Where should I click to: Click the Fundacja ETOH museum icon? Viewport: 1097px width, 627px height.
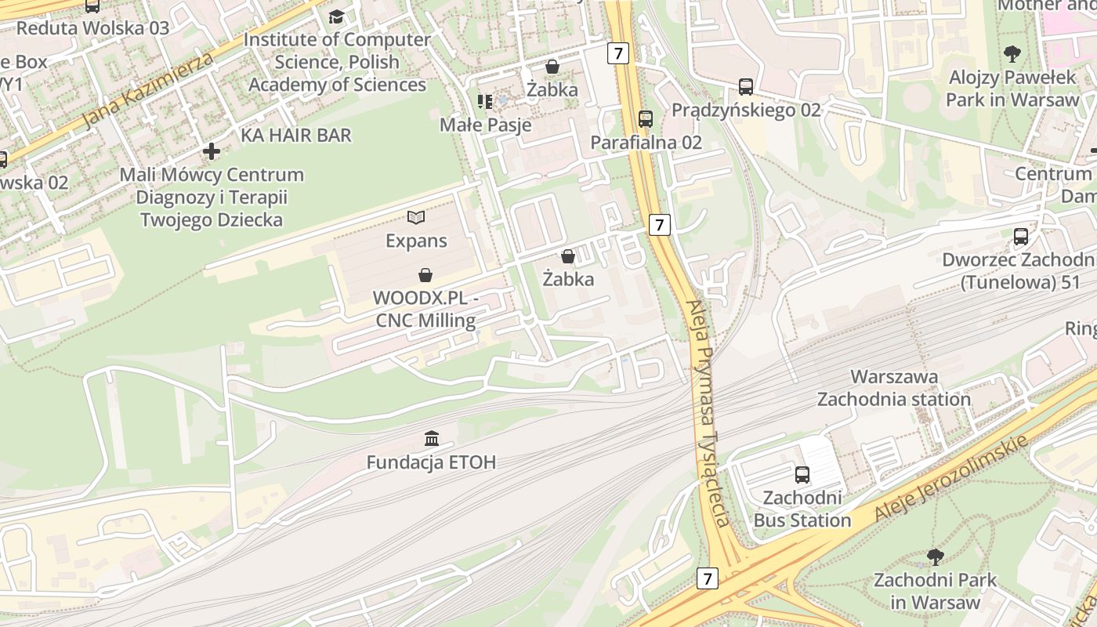point(432,438)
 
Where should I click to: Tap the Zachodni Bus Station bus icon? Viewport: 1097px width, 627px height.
point(802,474)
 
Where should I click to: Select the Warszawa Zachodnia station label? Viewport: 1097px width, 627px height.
point(894,388)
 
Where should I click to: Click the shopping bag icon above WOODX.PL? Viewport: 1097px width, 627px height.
point(425,275)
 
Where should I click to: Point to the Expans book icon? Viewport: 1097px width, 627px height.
point(416,217)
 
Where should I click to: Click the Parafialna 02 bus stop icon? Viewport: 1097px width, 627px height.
point(646,119)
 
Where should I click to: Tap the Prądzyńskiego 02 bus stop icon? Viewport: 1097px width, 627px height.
point(746,87)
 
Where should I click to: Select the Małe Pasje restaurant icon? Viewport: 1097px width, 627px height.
point(485,101)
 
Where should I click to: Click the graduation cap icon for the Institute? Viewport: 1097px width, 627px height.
point(336,16)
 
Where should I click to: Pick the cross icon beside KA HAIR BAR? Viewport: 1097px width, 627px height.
point(212,150)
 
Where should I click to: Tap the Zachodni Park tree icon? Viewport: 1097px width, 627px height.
point(935,557)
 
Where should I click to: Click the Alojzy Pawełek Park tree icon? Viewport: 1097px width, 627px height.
point(1012,54)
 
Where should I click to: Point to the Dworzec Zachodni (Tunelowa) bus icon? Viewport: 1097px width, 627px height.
point(1021,237)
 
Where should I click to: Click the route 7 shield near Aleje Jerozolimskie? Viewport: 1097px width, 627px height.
point(708,579)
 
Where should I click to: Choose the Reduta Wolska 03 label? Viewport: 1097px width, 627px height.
point(92,28)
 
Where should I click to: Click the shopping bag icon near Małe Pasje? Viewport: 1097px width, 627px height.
point(552,67)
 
